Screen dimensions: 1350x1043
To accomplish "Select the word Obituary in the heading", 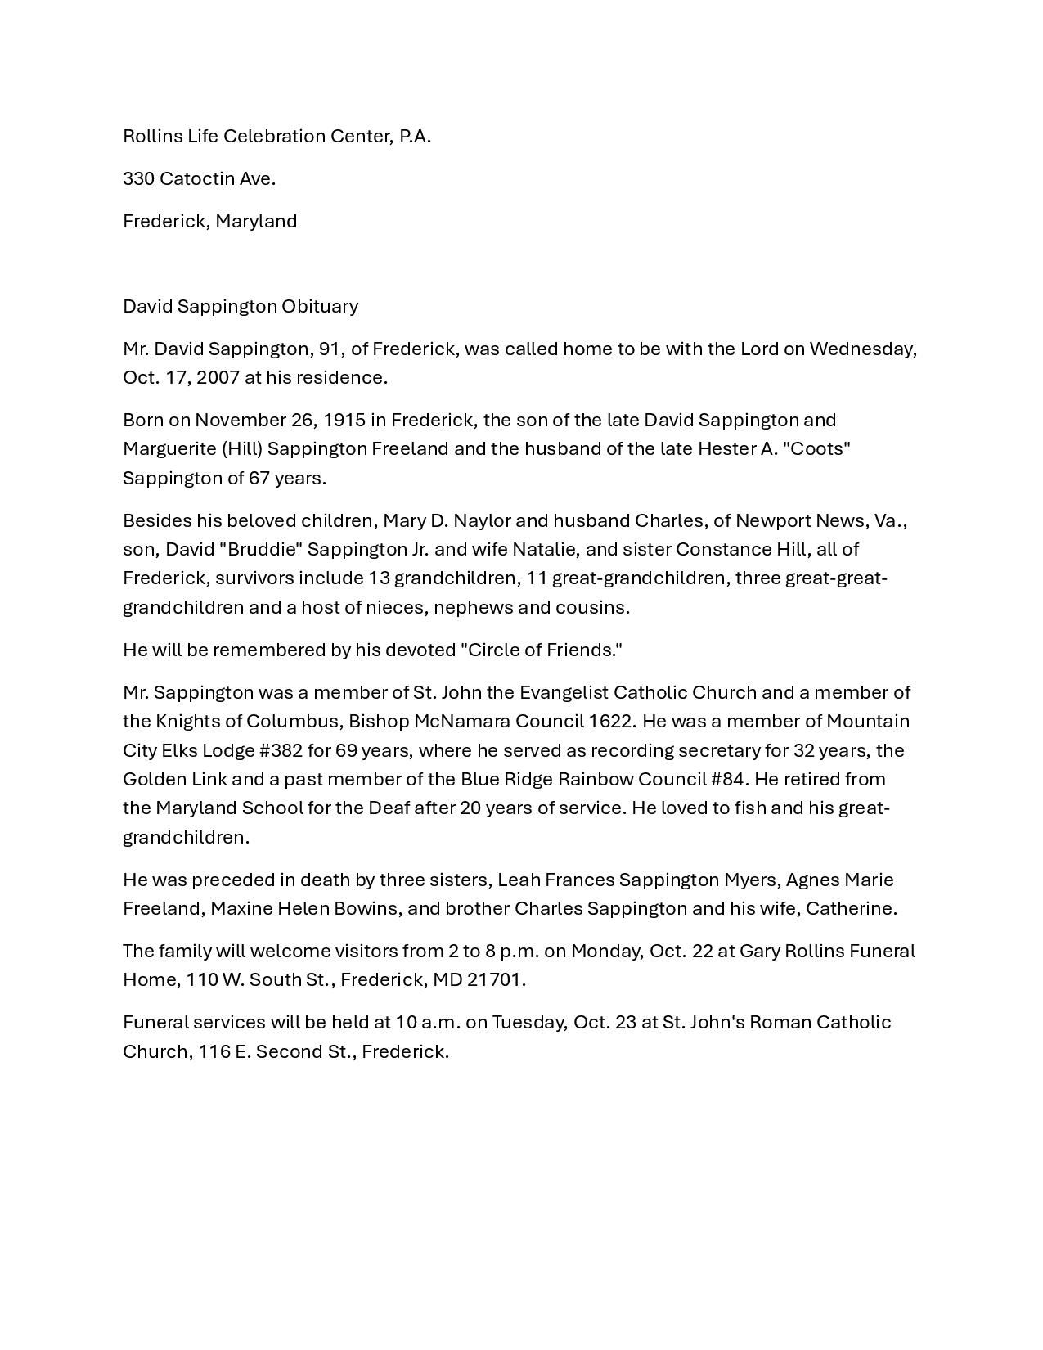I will tap(320, 306).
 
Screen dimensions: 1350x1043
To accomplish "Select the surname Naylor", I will tap(482, 520).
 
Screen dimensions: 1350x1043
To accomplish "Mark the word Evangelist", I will tap(564, 692).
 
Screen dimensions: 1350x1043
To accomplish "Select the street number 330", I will tap(138, 178).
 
